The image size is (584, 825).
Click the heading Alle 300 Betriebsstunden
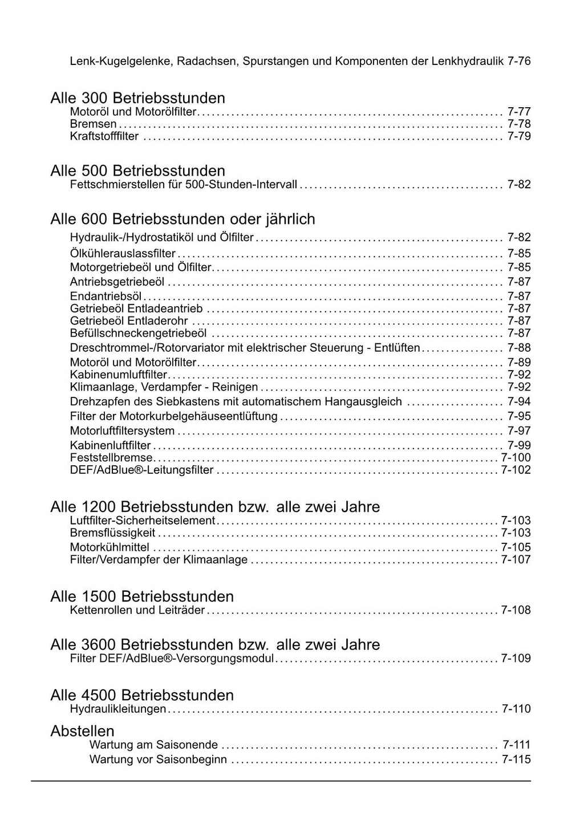coord(137,98)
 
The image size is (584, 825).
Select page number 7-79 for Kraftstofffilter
coord(519,136)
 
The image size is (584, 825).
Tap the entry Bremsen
coord(93,124)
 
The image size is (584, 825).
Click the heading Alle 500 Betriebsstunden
coord(137,170)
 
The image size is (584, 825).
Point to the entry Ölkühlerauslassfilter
coord(123,254)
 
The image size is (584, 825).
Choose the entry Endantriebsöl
coord(106,296)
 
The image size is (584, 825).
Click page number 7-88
coord(519,348)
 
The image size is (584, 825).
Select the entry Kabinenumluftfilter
coord(119,375)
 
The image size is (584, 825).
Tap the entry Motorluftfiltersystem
coord(122,431)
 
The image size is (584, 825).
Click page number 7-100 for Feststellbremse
coord(516,458)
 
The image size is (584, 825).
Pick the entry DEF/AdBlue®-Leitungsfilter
coord(141,470)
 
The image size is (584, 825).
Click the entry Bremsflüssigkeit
coord(112,533)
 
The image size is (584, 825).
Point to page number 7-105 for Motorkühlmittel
coord(516,547)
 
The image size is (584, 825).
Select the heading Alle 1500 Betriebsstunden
coord(142,596)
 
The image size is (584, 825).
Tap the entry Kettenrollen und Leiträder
coord(137,611)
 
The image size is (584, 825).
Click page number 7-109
coord(516,659)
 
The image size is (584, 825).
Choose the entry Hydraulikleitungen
coord(118,709)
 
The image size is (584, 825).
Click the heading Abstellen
coord(82,731)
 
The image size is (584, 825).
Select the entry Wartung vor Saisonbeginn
coord(158,760)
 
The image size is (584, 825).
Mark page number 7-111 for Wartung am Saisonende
coord(516,745)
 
